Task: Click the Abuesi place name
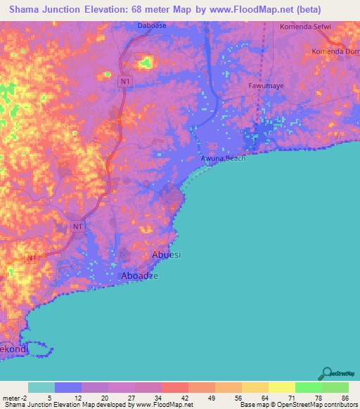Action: coord(167,254)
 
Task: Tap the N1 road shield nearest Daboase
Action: coord(124,82)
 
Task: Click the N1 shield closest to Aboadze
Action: coord(77,226)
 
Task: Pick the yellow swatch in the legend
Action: coord(281,387)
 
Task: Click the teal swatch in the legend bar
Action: coord(41,387)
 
